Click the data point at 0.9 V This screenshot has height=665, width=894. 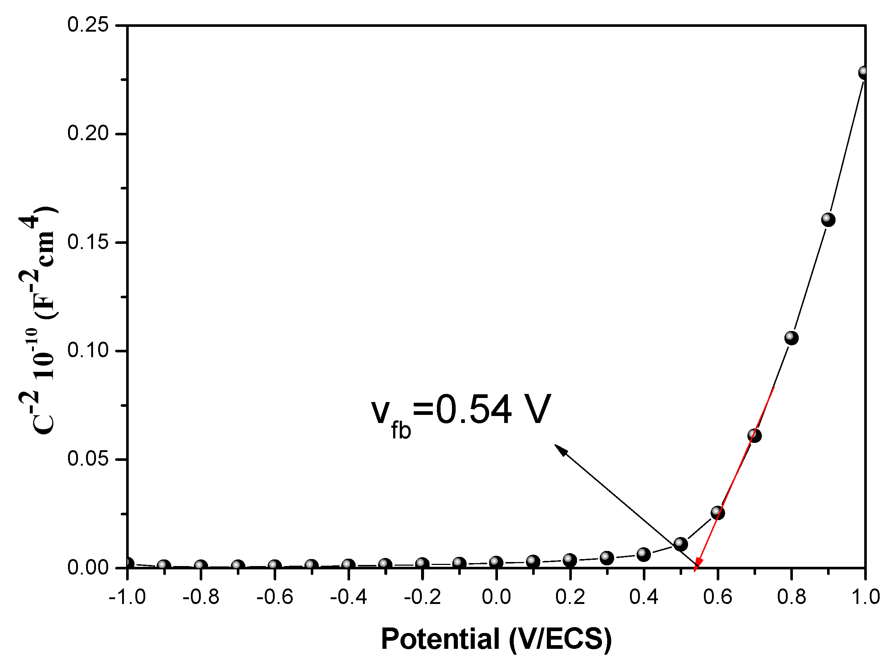pyautogui.click(x=827, y=220)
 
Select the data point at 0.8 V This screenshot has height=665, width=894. pyautogui.click(x=791, y=338)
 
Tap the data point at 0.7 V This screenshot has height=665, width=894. pyautogui.click(x=754, y=435)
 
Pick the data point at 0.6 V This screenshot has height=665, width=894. pyautogui.click(x=717, y=512)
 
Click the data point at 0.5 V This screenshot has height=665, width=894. pyautogui.click(x=680, y=544)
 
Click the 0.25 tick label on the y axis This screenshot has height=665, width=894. pyautogui.click(x=88, y=25)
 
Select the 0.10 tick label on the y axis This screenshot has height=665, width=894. pyautogui.click(x=88, y=350)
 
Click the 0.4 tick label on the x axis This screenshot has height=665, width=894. pyautogui.click(x=644, y=597)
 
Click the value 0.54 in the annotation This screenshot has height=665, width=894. pyautogui.click(x=473, y=410)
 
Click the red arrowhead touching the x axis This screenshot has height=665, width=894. pyautogui.click(x=698, y=564)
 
